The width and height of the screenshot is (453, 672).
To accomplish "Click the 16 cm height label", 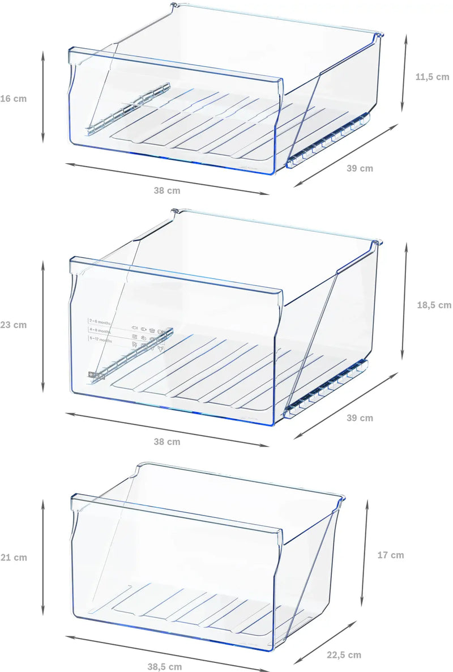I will point(13,99).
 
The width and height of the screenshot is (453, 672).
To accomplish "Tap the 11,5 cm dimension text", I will point(432,76).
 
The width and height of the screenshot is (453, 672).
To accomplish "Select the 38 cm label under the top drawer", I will point(167,191).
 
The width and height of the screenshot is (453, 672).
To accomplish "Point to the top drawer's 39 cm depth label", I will point(360,168).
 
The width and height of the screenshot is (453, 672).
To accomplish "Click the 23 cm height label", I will point(13,325).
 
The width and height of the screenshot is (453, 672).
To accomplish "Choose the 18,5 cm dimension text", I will point(434,305).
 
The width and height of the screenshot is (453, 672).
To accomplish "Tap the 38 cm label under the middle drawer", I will point(167,441).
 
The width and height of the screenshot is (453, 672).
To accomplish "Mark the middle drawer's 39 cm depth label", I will point(360,418).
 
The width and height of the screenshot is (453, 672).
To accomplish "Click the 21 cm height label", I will point(13,558).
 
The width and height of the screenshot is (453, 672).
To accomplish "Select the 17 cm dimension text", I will point(391,555).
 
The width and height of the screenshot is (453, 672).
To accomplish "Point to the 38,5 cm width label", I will point(164,667).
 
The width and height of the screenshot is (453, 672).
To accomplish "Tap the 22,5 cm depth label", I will point(344,655).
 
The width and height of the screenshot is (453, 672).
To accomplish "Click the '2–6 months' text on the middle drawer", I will point(101,321).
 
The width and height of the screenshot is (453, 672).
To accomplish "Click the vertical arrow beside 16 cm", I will point(43,96).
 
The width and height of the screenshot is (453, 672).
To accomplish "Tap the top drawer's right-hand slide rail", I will point(328,142).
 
